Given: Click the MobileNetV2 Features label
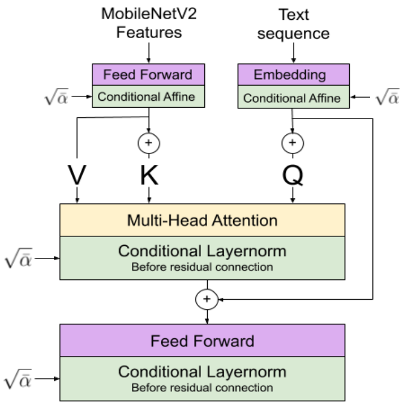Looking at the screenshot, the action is pyautogui.click(x=149, y=23).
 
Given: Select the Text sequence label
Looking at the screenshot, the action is pyautogui.click(x=294, y=24).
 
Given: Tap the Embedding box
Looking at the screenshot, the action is pyautogui.click(x=294, y=75).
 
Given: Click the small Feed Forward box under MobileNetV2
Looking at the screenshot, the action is pyautogui.click(x=148, y=74).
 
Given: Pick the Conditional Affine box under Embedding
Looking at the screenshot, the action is pyautogui.click(x=294, y=97).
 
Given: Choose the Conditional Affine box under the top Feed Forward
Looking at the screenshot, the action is pyautogui.click(x=148, y=96).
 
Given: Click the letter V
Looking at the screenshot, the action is pyautogui.click(x=77, y=175).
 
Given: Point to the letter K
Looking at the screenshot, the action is pyautogui.click(x=149, y=175).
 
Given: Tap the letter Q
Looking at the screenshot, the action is pyautogui.click(x=293, y=176).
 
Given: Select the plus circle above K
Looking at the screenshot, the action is pyautogui.click(x=149, y=143).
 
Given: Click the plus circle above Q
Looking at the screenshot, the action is pyautogui.click(x=293, y=143).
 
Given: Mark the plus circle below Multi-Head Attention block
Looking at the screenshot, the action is pyautogui.click(x=207, y=299).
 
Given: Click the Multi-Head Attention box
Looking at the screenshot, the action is pyautogui.click(x=203, y=220).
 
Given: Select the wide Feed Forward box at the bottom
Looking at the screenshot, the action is pyautogui.click(x=203, y=341).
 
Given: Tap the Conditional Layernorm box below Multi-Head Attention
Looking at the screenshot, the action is pyautogui.click(x=203, y=258).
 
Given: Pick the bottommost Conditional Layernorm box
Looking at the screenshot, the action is pyautogui.click(x=203, y=379).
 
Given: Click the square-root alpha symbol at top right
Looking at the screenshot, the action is pyautogui.click(x=387, y=97).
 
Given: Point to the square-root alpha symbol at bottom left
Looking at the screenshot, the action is pyautogui.click(x=18, y=379).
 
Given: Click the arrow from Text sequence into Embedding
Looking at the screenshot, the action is pyautogui.click(x=294, y=53).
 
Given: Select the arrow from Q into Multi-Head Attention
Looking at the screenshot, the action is pyautogui.click(x=293, y=195).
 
